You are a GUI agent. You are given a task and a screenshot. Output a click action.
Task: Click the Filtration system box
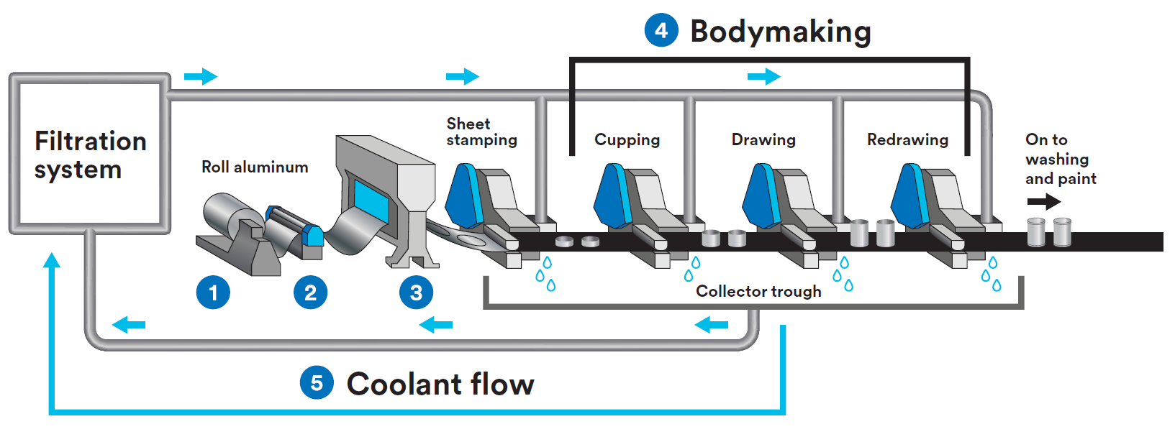click(89, 154)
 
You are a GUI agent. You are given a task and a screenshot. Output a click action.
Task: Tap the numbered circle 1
click(213, 293)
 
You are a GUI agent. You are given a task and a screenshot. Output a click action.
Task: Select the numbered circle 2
click(310, 293)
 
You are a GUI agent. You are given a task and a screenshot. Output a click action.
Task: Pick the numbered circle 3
click(416, 293)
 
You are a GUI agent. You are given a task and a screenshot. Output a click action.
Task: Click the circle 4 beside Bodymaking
click(661, 31)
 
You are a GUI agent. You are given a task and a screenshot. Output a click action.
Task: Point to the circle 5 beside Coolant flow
click(317, 383)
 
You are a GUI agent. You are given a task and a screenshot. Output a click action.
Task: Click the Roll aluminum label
click(255, 167)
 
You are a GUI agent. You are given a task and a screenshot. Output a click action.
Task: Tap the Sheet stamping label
click(481, 132)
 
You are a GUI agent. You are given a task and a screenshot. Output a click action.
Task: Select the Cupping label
click(627, 139)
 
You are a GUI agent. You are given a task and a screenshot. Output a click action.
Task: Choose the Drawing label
click(763, 139)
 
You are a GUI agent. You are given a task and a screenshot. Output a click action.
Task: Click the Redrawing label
click(907, 139)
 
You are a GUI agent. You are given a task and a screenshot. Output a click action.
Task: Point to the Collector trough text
click(758, 291)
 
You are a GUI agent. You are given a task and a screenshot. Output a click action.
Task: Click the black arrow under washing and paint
click(1043, 201)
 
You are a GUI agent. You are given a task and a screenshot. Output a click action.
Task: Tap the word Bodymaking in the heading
click(781, 32)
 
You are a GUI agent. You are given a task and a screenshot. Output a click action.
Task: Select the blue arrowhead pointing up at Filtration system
click(51, 260)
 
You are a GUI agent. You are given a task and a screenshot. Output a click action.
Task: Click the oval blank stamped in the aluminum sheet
click(471, 239)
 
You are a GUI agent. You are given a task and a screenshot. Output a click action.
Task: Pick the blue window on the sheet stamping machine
click(371, 198)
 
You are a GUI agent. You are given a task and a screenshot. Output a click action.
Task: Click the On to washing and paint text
click(1060, 159)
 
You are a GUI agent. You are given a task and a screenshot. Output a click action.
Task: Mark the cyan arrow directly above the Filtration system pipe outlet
click(201, 76)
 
